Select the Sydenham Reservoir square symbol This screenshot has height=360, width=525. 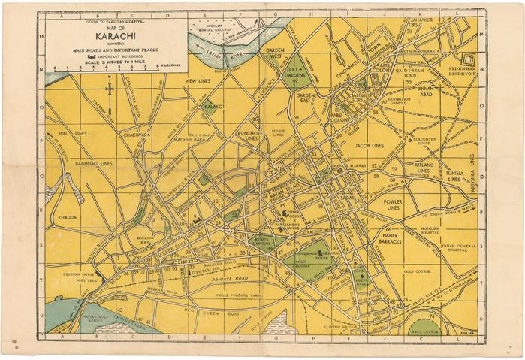(x=469, y=60)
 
